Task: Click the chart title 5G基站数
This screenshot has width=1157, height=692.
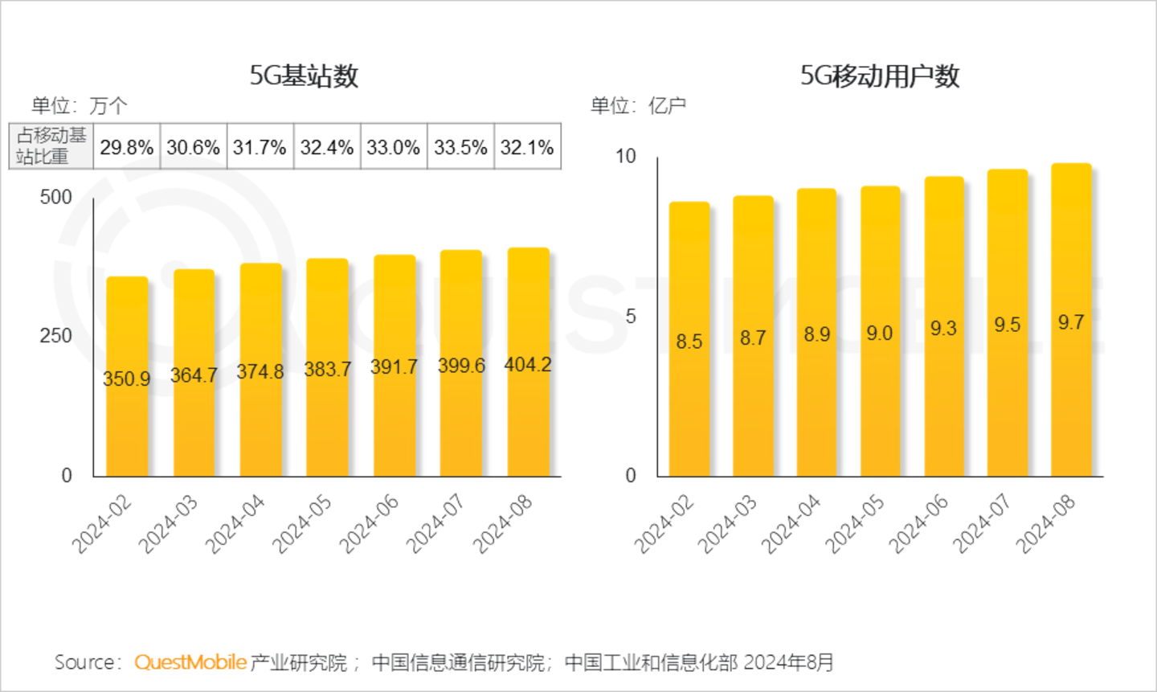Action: [x=304, y=76]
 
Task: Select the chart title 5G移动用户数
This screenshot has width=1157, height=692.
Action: [x=879, y=76]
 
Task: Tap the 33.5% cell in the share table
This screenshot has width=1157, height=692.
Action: [x=460, y=147]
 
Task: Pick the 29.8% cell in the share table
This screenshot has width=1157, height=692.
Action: [x=127, y=147]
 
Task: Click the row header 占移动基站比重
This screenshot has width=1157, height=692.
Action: [x=51, y=146]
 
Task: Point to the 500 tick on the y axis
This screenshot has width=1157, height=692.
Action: [x=55, y=198]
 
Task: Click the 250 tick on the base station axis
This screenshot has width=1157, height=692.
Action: [x=55, y=336]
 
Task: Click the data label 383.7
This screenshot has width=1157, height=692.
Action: [x=327, y=370]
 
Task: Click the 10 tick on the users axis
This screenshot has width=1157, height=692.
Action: [x=626, y=157]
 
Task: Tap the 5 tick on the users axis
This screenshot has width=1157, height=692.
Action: [x=631, y=317]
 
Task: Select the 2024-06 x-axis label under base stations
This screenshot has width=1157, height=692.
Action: [x=370, y=523]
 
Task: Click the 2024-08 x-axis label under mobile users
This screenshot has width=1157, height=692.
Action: [x=1045, y=523]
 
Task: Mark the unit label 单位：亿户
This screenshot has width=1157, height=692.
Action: [x=638, y=105]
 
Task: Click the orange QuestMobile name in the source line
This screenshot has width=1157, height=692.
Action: [x=190, y=662]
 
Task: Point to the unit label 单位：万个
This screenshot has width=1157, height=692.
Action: [x=79, y=105]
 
